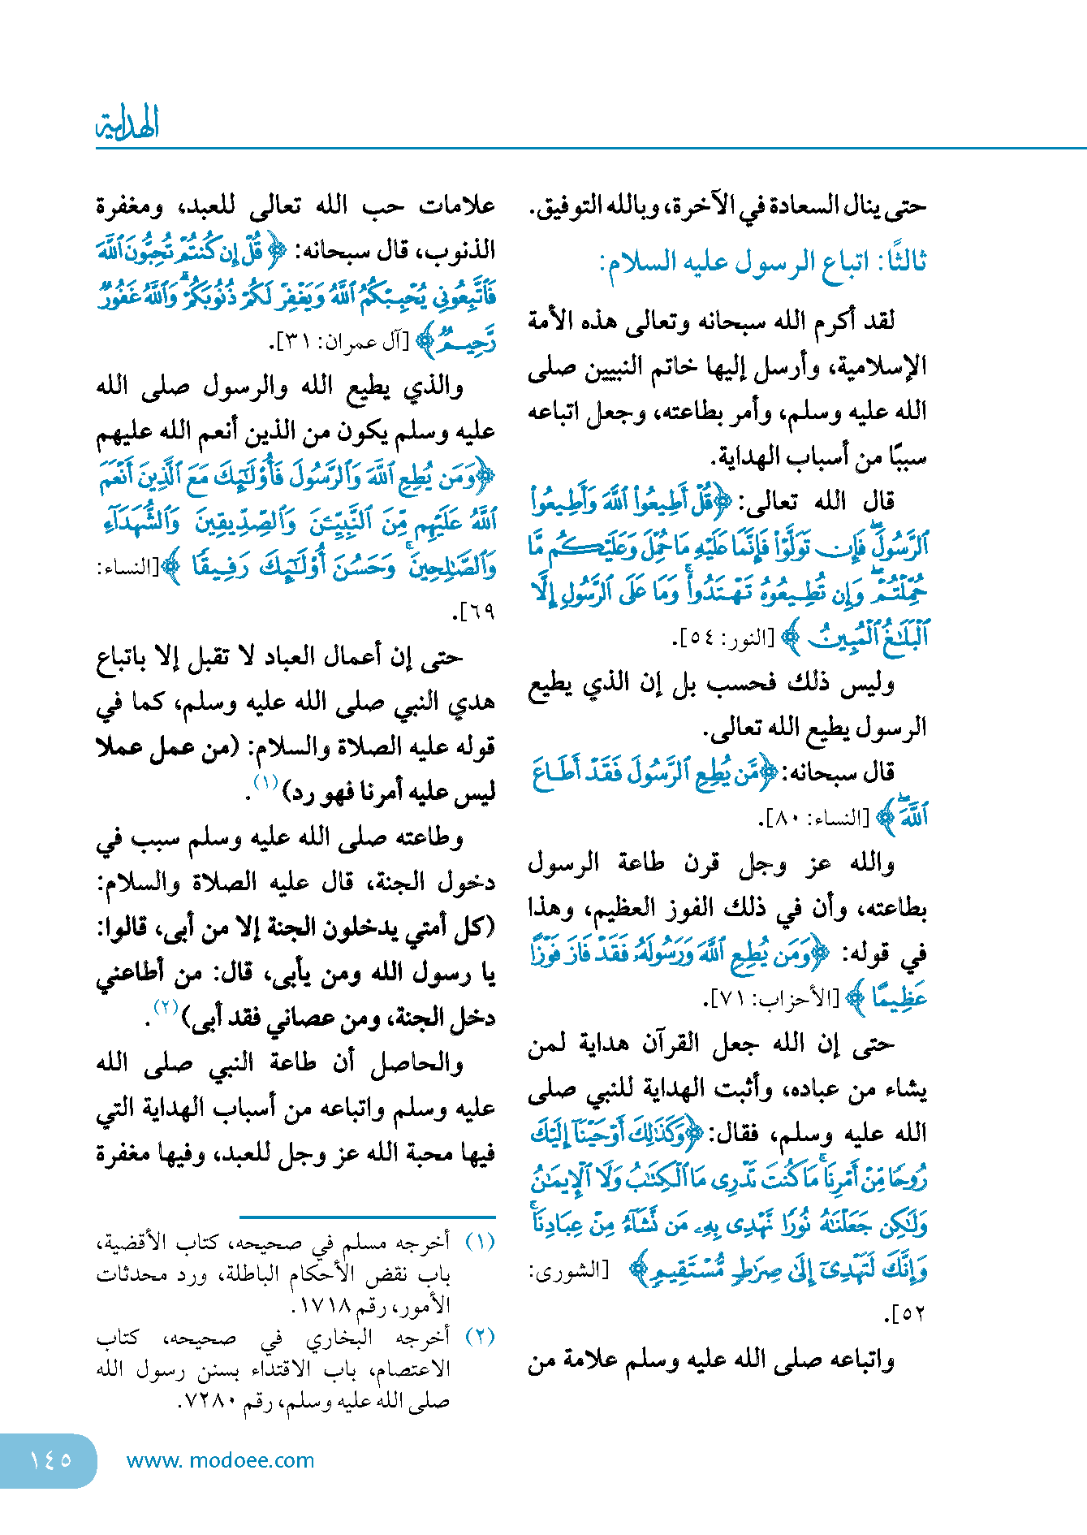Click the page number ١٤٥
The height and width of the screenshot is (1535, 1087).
[50, 1459]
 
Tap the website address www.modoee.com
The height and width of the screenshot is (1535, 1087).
[220, 1460]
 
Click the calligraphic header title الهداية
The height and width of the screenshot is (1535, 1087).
[127, 124]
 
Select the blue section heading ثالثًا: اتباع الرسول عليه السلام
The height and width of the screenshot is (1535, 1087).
[762, 262]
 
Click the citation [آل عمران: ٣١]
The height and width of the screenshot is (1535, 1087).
[340, 343]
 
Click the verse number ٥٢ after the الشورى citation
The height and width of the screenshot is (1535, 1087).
[908, 1313]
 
